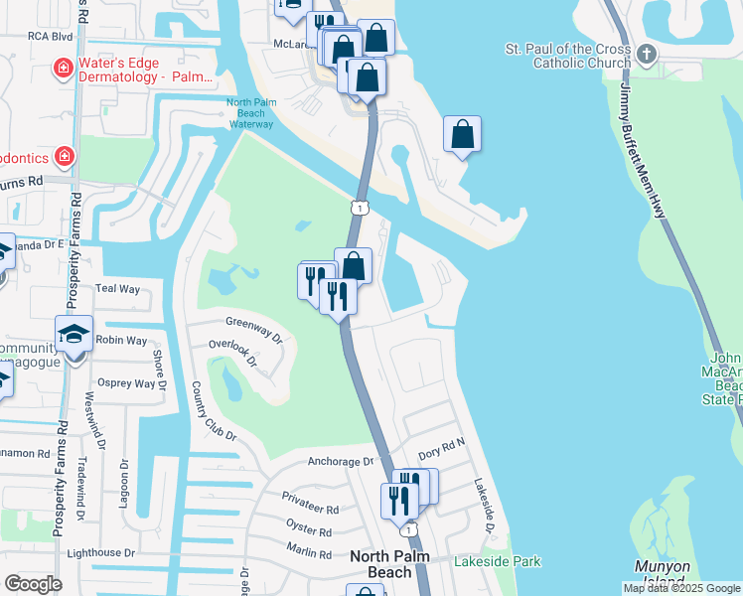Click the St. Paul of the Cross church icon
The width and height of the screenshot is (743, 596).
pyautogui.click(x=647, y=54)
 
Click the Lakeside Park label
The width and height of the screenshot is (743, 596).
pyautogui.click(x=497, y=561)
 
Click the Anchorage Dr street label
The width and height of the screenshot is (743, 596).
pyautogui.click(x=340, y=461)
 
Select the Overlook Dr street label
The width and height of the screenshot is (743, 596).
pyautogui.click(x=232, y=354)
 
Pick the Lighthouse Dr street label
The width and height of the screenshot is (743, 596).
pyautogui.click(x=100, y=552)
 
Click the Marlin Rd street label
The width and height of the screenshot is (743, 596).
pyautogui.click(x=308, y=553)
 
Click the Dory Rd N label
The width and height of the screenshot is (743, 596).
pyautogui.click(x=441, y=452)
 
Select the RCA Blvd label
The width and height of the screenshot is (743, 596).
pyautogui.click(x=51, y=36)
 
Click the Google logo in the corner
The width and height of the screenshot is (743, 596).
pyautogui.click(x=34, y=584)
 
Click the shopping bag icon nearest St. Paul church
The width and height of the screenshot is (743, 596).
pyautogui.click(x=463, y=136)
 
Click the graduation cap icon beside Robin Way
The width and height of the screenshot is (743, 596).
pyautogui.click(x=74, y=335)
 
